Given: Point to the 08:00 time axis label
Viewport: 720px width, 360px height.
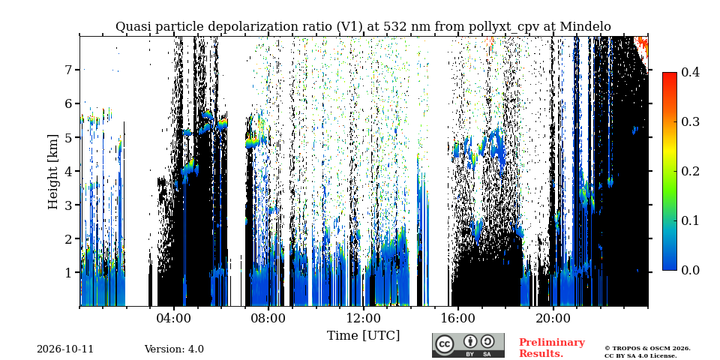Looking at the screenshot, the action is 268,319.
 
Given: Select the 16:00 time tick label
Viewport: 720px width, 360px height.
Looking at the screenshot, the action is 457,319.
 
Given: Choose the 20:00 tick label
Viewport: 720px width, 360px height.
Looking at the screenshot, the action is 553,319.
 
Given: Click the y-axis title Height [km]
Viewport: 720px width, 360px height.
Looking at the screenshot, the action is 54,172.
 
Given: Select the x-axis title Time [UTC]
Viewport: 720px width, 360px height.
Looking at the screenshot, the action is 363,336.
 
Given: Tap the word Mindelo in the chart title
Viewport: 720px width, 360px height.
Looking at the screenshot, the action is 586,27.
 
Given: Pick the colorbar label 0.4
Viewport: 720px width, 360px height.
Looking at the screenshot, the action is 690,72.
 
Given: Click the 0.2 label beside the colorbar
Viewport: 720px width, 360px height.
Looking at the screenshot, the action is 690,171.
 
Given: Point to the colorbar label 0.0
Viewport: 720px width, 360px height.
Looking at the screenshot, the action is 690,270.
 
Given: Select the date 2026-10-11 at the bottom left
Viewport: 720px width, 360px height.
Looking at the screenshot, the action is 65,349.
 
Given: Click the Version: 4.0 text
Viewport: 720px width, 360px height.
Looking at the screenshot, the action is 174,349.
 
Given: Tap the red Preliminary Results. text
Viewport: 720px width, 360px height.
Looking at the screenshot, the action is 552,348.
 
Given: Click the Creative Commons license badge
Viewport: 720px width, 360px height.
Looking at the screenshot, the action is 468,345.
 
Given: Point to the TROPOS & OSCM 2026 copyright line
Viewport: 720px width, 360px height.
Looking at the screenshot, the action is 647,349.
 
